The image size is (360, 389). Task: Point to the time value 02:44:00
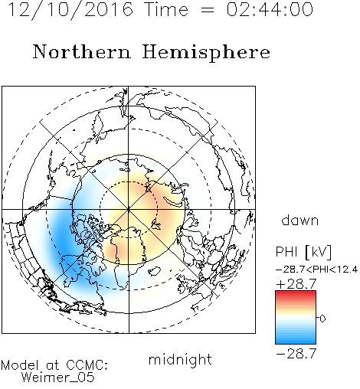click(270, 9)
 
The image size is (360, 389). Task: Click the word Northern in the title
click(82, 51)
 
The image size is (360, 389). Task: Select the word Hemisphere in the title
click(206, 52)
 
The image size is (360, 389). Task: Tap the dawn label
click(300, 220)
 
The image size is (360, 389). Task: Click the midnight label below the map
click(180, 359)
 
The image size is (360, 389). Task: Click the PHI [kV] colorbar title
click(303, 252)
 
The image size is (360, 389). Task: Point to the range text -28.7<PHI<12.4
click(317, 270)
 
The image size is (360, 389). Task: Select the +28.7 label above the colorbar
click(296, 284)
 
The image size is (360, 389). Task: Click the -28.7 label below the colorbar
click(296, 354)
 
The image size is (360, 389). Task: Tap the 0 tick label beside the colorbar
click(322, 319)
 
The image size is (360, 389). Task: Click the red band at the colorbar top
click(296, 293)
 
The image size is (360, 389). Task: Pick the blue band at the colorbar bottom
click(296, 341)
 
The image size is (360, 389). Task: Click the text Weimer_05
click(57, 378)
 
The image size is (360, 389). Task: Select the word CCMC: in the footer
click(87, 365)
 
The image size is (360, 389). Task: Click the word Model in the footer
click(20, 365)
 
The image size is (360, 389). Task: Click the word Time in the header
click(166, 10)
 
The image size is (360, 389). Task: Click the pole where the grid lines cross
click(129, 210)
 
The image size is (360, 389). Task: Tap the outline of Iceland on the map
click(154, 272)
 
